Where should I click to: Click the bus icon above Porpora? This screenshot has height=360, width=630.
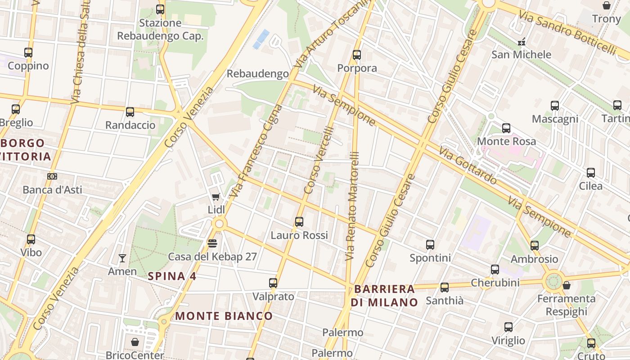pos(357,55)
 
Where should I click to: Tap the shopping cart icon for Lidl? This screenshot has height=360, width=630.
pos(216,197)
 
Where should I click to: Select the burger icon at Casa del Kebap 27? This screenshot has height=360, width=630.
pos(212,243)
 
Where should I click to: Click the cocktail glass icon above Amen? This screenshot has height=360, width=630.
pos(122,258)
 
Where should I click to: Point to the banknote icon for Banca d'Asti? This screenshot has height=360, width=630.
pos(52,176)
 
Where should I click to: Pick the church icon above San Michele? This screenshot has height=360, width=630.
pos(522,42)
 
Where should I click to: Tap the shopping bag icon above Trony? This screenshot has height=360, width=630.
pos(607,5)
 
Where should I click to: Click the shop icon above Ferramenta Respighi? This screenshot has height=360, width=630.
pos(567,285)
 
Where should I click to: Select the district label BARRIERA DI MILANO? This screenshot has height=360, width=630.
pos(385,295)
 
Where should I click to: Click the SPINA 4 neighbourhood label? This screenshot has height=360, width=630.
pos(172,276)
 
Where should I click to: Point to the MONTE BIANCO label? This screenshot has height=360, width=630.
pos(224,316)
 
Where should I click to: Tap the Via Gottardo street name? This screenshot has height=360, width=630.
pos(468,165)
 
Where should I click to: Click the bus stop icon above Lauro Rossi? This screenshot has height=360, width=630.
pos(299,222)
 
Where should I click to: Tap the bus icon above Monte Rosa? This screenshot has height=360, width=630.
pos(506,128)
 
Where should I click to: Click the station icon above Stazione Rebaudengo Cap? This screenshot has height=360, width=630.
pos(160,9)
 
